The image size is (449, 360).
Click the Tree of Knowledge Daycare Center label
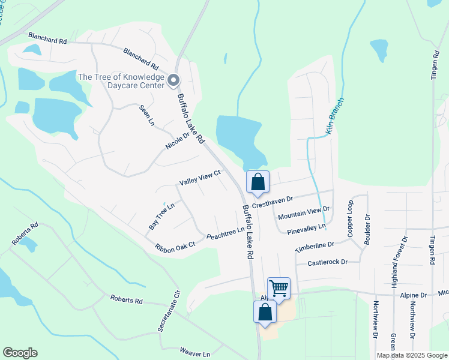pos(121,81)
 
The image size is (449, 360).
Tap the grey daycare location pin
pos(174,80)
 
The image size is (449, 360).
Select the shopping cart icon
pos(279,289)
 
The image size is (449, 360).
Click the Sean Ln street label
pos(147,115)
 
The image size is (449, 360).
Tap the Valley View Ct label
pos(200,178)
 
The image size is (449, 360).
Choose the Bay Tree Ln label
pos(161,216)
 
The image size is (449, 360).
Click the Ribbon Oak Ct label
pos(175,246)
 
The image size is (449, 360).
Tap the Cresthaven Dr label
pos(272,202)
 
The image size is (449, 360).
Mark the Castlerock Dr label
pos(328,263)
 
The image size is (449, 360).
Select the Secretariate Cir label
pos(169,311)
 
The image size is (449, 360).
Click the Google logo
pos(20,353)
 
